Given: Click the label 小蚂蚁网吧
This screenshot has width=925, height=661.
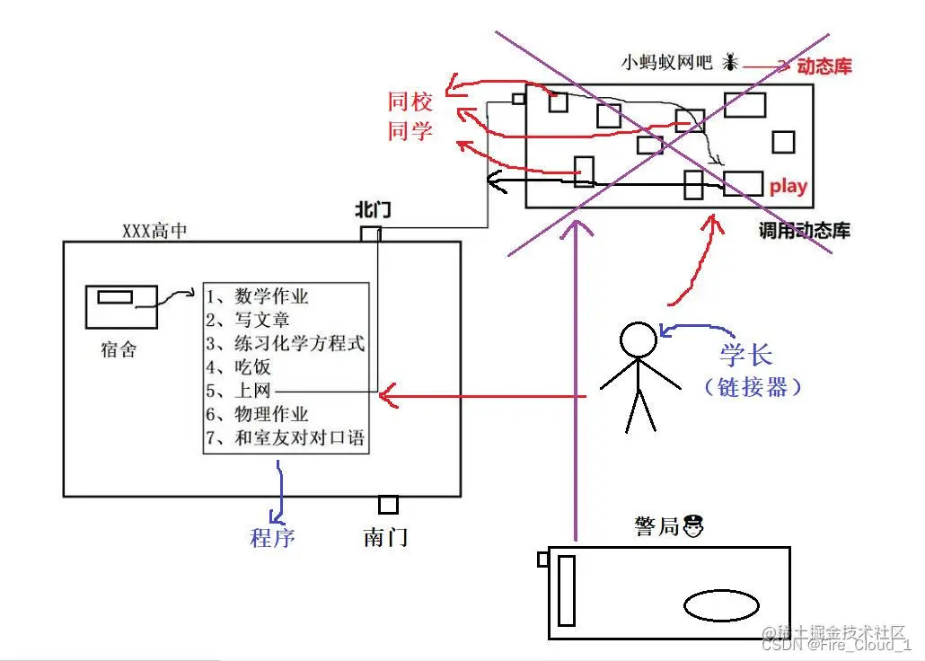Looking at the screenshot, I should tap(666, 63).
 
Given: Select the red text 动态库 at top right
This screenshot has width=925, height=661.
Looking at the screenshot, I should tap(824, 66).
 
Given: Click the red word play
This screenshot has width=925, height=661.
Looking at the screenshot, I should tap(788, 187).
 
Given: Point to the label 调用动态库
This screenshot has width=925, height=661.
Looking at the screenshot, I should tap(804, 231).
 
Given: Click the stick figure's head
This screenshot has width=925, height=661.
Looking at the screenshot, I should tap(639, 340).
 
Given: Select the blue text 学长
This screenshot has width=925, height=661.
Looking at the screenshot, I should tap(745, 353).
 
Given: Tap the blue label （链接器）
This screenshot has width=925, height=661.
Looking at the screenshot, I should tap(753, 387).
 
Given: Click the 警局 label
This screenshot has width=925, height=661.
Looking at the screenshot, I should tap(656, 526).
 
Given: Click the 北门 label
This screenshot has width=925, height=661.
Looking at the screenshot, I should tap(373, 212).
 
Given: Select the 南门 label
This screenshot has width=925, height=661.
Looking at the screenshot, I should tap(385, 537).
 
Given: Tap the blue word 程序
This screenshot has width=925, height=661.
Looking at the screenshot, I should tap(272, 538).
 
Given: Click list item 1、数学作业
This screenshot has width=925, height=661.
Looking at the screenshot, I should tap(258, 296).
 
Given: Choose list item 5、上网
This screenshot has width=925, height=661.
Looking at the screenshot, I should tap(238, 391).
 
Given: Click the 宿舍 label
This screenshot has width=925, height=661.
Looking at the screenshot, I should tap(119, 349).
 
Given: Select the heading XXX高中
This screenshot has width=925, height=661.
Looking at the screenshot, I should tap(155, 231).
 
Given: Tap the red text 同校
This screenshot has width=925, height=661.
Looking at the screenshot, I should tap(410, 101).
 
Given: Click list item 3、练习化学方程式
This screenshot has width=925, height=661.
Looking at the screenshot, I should tap(286, 343).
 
